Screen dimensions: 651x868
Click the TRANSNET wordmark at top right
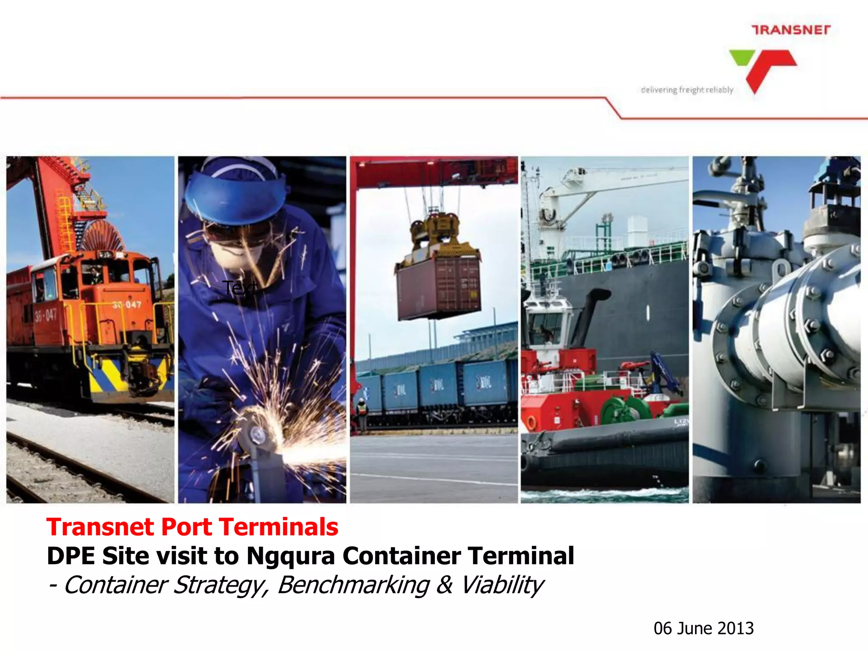click(x=791, y=30)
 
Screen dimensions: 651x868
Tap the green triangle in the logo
click(x=741, y=57)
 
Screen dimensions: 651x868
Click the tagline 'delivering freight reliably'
click(x=687, y=90)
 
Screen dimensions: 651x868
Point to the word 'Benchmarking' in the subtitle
click(x=353, y=585)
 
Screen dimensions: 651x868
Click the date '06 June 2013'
click(x=704, y=628)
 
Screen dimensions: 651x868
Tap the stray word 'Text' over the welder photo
click(x=240, y=288)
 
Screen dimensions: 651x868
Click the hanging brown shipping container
click(x=438, y=288)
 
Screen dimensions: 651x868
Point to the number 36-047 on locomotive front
click(x=127, y=305)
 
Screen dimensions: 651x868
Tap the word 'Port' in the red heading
click(x=186, y=527)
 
